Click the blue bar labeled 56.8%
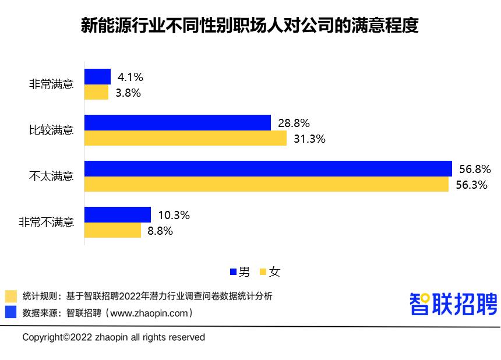click(268, 168)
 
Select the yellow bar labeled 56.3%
click(266, 184)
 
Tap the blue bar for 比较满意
click(178, 122)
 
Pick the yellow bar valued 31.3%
click(185, 138)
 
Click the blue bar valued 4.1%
click(97, 76)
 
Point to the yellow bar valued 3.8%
click(97, 92)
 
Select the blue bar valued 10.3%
click(118, 214)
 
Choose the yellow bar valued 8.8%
click(113, 230)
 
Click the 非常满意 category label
click(51, 84)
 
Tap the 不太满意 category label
click(51, 176)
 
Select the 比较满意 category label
click(51, 130)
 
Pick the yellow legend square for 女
click(263, 271)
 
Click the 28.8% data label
click(294, 123)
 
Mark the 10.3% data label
click(174, 215)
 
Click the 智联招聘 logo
click(453, 303)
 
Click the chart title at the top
click(250, 27)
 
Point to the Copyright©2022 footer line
click(114, 337)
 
